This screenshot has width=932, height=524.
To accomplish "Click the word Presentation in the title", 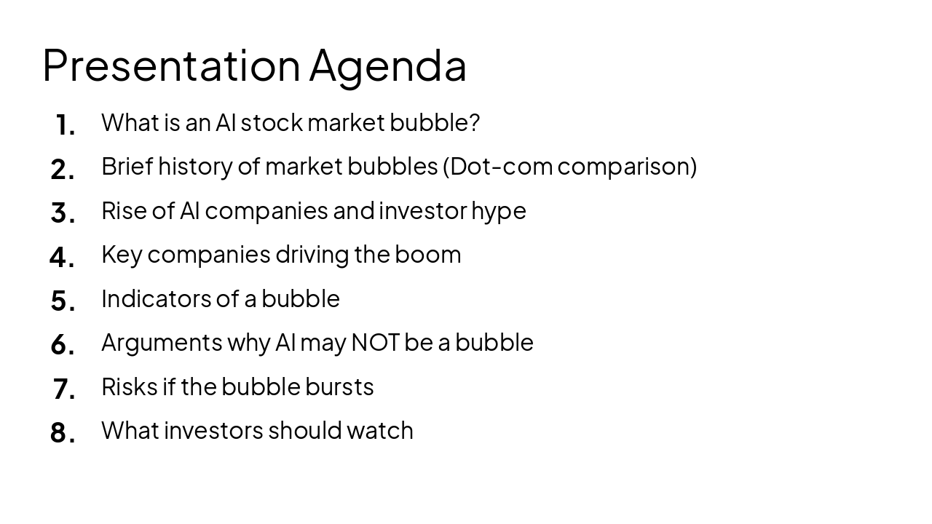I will (171, 65).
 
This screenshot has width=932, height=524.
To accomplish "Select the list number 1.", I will (65, 125).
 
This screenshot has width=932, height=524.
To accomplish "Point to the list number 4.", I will (62, 257).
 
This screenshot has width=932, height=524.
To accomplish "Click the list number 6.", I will (63, 345).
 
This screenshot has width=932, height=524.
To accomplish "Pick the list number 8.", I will (63, 433).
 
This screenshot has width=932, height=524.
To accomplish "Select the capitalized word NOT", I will (375, 342).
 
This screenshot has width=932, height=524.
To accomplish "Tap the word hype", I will (499, 211).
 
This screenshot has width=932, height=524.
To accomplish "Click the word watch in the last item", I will (379, 430).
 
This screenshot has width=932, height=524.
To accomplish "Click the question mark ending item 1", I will (475, 122).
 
